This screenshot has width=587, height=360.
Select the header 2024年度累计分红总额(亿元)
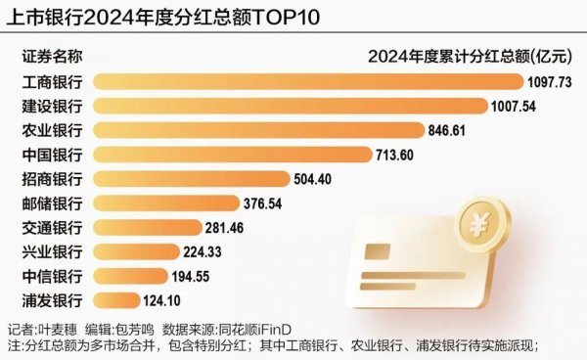(471, 56)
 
